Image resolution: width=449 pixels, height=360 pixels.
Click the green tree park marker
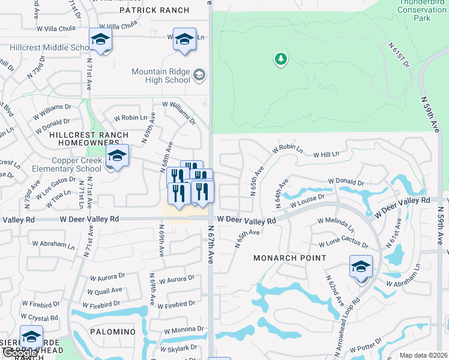click(280, 59)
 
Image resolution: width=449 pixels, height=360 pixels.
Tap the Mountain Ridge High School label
click(161, 76)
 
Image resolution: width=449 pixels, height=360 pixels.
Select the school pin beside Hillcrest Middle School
click(100, 40)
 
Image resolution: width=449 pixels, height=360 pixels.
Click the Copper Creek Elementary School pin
click(117, 157)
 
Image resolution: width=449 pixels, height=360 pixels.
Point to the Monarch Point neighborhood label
click(289, 258)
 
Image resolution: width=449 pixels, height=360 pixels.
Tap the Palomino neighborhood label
click(113, 332)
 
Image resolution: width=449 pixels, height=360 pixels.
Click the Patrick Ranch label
click(154, 10)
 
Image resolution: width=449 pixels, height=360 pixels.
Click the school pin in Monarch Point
click(361, 267)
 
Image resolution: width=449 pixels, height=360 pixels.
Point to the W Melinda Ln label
click(336, 225)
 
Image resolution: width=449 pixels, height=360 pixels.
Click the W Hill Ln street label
click(327, 154)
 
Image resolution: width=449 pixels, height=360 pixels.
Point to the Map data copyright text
click(423, 355)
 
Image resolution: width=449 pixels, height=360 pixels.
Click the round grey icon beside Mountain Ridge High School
click(199, 76)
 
